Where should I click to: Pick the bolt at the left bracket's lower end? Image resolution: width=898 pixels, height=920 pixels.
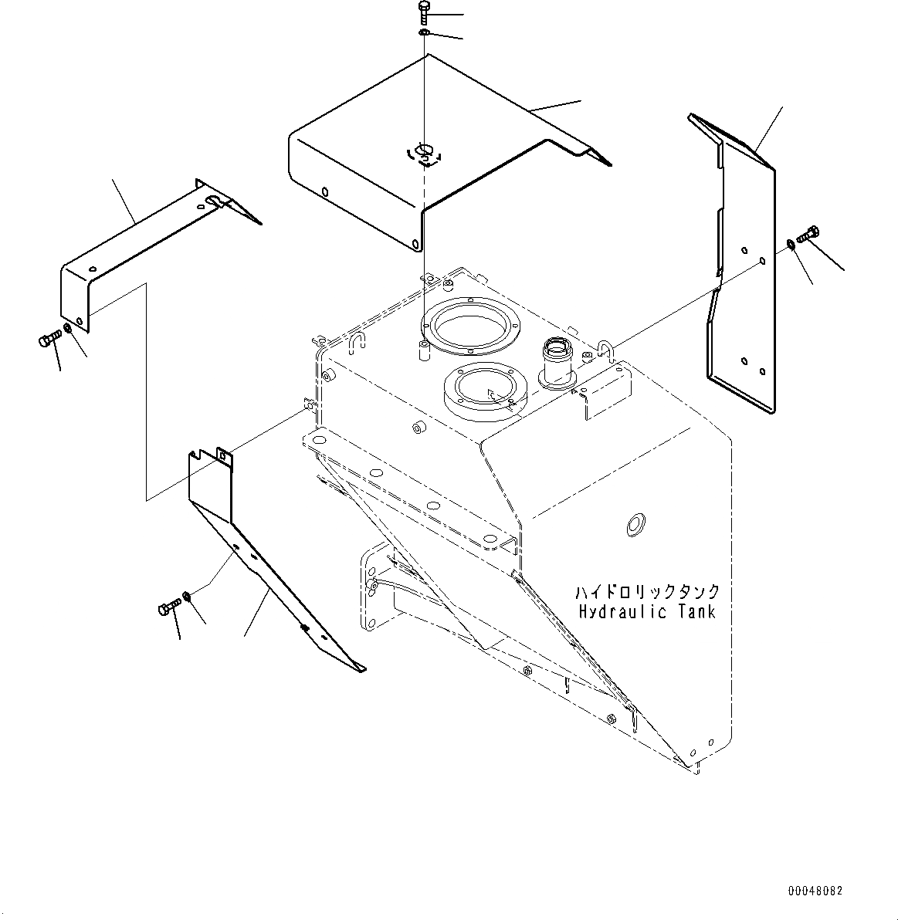pos(50,339)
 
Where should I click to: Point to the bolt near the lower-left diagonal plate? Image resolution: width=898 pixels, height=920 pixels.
pos(170,607)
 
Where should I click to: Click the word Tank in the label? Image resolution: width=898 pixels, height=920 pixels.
pos(698,612)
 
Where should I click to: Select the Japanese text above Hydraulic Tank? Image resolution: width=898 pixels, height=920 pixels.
pos(647,591)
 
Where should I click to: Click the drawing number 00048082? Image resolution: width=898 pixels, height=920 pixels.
pos(815,891)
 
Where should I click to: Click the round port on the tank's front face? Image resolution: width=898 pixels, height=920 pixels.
pos(635,524)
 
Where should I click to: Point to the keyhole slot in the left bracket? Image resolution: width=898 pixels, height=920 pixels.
pos(212,202)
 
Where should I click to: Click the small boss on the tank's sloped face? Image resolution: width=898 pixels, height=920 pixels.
pos(419,427)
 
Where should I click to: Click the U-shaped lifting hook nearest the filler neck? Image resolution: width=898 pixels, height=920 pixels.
pos(605,350)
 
